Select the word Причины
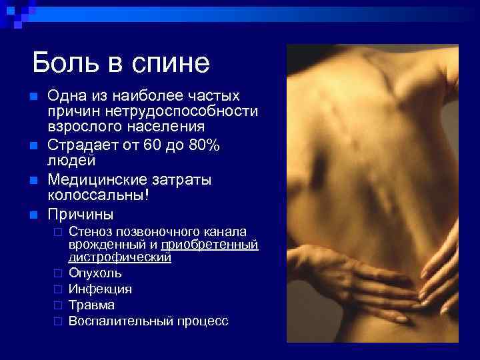coord(81,215)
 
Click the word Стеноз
coord(90,232)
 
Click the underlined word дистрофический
coord(120,257)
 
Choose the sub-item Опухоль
coord(95,273)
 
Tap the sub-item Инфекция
coord(100,289)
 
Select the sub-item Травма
coord(91,305)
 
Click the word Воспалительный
coord(121,321)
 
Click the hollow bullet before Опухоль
coord(58,273)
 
